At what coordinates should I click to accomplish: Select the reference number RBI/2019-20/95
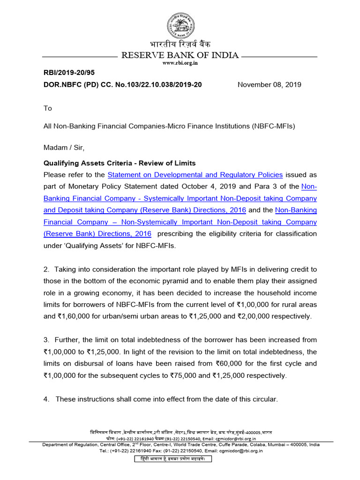tap(67, 73)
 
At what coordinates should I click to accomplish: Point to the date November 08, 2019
tap(269, 85)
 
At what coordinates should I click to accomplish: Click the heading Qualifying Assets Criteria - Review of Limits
tap(120, 163)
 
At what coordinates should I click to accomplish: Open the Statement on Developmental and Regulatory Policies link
tap(195, 175)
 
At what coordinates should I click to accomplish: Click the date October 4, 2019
tap(209, 187)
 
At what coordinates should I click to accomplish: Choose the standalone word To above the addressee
tap(47, 108)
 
